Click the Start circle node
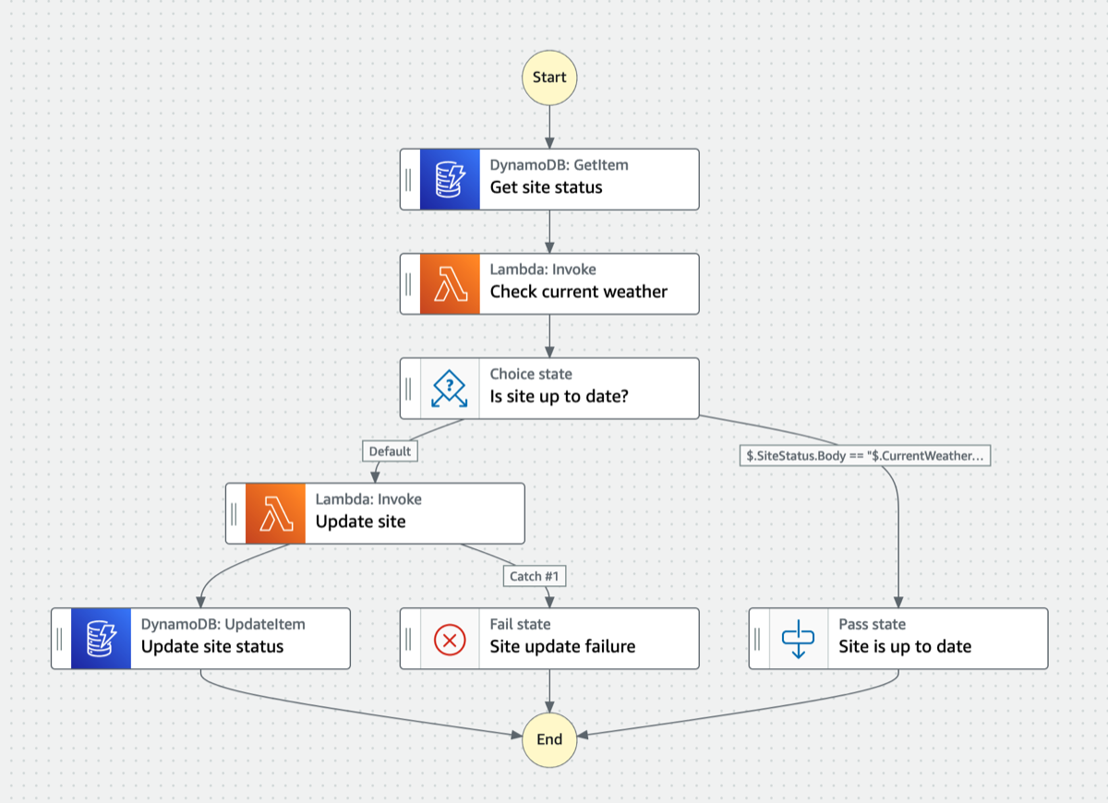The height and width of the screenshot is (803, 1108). coord(549,78)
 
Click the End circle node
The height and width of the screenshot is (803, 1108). coord(549,738)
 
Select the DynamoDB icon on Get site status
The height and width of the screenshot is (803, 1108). coord(450,179)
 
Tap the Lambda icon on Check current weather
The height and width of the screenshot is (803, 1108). coord(450,283)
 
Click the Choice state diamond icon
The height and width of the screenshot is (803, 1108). coord(450,388)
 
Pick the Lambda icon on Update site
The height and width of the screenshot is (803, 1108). coord(275,513)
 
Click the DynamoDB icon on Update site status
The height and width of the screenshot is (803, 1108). coord(101,638)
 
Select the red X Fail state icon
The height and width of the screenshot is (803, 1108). coord(450,638)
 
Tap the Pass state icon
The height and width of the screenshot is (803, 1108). coord(799,638)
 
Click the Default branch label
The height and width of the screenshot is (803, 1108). coord(390,451)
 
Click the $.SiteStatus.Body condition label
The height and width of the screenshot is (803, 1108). coord(865,455)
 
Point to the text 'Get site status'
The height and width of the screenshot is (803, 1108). coord(546,187)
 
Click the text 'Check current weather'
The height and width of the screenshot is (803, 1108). coord(578,292)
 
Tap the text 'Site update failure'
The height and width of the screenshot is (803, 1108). coord(562,646)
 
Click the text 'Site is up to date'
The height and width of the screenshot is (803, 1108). coord(905,646)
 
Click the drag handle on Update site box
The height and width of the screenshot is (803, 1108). coord(235,513)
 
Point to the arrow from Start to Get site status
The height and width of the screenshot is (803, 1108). coord(549,126)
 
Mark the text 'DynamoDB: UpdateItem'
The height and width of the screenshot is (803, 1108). coord(223,624)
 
